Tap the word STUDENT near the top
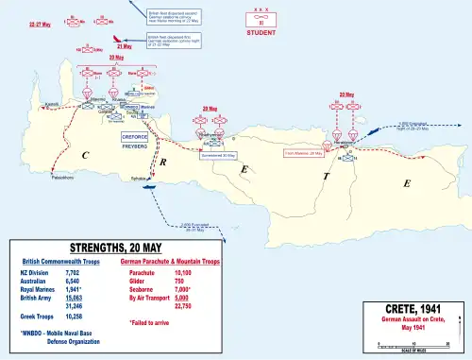coord(261,32)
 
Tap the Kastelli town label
coord(53,103)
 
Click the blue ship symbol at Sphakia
coord(148,185)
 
